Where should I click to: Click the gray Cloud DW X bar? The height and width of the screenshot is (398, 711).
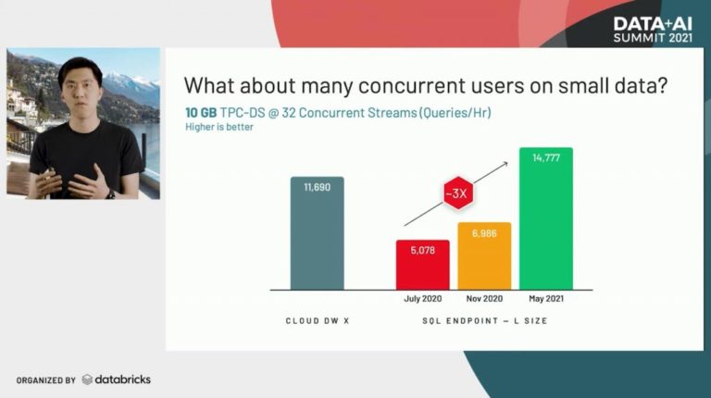coord(317,233)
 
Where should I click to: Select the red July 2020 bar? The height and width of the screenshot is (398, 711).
coord(422,265)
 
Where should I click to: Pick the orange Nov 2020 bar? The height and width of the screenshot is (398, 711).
coord(484,255)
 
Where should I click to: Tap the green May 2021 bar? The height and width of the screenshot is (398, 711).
coord(546,218)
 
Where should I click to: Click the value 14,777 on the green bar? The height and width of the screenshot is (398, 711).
coord(546,157)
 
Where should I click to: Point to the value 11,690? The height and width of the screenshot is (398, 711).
coord(317,187)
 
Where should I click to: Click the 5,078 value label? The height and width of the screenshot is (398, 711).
coord(422,250)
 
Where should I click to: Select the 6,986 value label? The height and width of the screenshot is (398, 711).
coord(484,233)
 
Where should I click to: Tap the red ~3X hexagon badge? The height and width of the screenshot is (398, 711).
coord(458,193)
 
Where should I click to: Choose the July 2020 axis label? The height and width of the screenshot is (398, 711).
coord(422,299)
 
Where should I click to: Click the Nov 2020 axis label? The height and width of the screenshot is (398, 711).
coord(484,299)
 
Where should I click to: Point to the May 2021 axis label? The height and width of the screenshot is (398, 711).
coord(546,299)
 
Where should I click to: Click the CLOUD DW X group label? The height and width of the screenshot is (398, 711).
coord(318,321)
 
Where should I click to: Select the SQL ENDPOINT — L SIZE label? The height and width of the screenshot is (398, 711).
coord(485,321)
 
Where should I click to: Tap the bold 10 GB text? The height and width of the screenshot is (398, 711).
coord(201,113)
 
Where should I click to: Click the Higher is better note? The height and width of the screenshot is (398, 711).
coord(219,127)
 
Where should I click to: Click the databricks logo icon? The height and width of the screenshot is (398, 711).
coord(87,379)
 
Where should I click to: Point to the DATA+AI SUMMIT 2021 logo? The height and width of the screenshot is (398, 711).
coord(653,30)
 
